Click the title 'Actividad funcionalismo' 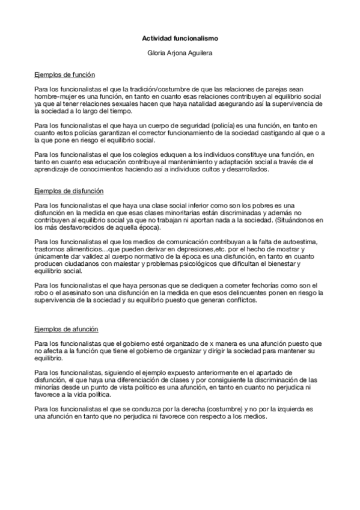[x=180, y=38]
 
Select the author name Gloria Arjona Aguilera [x=180, y=53]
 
